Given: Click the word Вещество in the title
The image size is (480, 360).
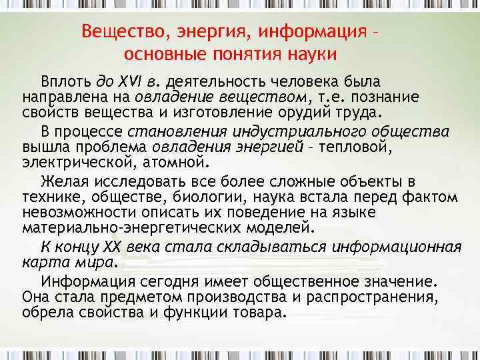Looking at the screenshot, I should click(117, 31).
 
